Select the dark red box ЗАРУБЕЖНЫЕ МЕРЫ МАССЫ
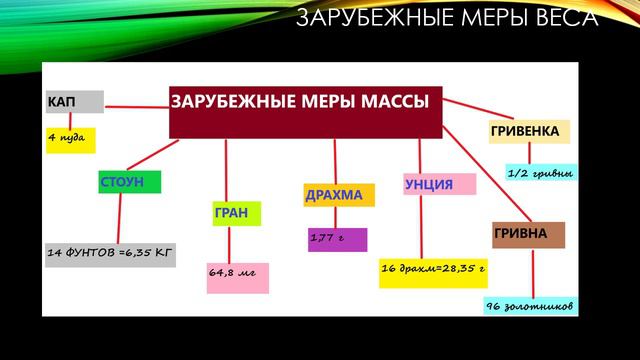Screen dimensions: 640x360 click(x=305, y=110)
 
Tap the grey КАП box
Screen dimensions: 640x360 click(x=73, y=102)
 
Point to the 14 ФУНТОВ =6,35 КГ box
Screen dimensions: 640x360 click(x=110, y=255)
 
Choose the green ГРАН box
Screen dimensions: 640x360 click(x=237, y=213)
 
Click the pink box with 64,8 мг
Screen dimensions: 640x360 click(x=237, y=277)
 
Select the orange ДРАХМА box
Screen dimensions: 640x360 click(x=339, y=194)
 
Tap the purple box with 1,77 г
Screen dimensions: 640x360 click(x=337, y=240)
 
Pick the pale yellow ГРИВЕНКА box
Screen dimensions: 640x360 click(x=529, y=132)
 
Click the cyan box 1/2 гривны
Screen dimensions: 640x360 click(x=541, y=174)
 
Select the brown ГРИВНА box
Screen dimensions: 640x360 click(x=528, y=235)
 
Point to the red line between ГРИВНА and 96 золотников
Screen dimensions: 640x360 click(x=532, y=272)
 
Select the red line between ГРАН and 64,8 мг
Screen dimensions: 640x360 click(x=236, y=244)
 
